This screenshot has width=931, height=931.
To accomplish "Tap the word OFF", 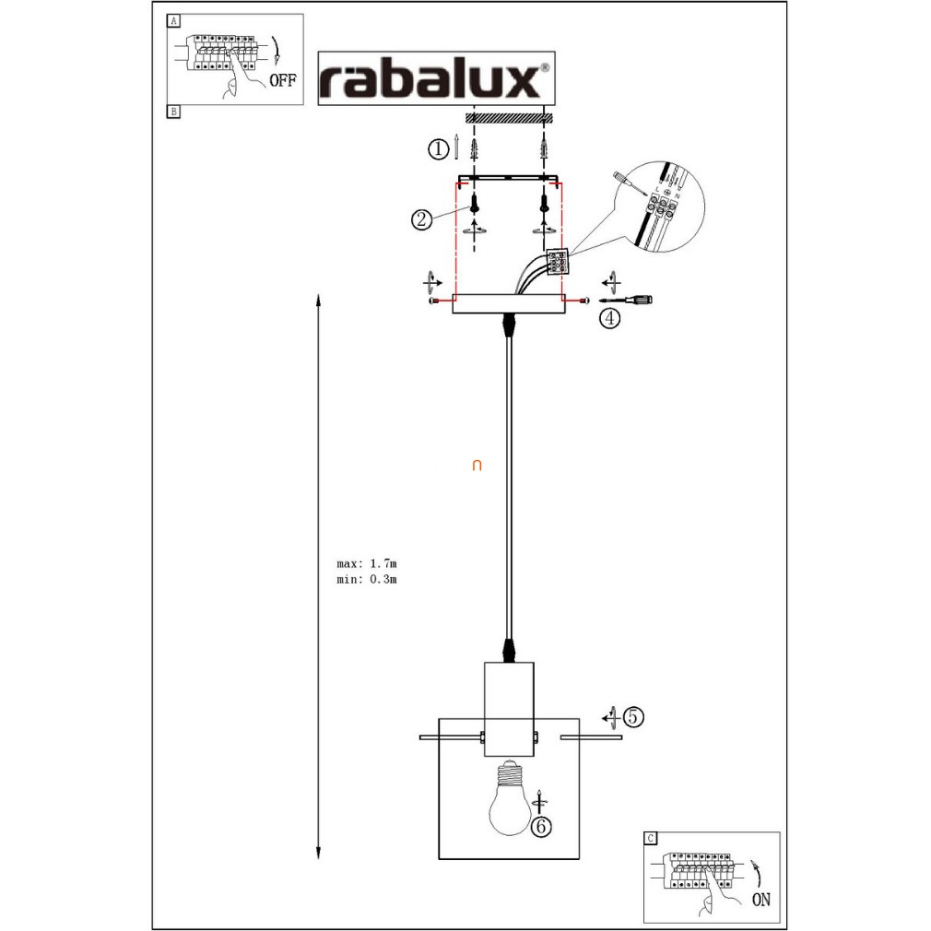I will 283,80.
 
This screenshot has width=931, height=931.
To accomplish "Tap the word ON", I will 761,900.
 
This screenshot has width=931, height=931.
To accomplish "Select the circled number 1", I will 440,147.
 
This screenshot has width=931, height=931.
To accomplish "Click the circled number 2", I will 421,219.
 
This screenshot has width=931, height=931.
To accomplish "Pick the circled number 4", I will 609,319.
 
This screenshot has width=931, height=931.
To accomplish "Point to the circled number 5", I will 632,716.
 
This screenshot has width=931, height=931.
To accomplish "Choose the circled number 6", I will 541,827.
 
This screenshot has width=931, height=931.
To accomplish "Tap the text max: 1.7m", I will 367,562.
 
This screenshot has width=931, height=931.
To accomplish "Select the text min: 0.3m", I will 367,579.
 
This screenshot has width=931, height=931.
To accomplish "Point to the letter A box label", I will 173,20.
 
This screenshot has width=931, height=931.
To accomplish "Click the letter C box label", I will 650,838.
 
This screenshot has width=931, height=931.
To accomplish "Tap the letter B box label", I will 173,112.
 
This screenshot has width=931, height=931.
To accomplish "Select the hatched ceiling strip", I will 508,118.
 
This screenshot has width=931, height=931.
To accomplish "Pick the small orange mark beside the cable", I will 477,465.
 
